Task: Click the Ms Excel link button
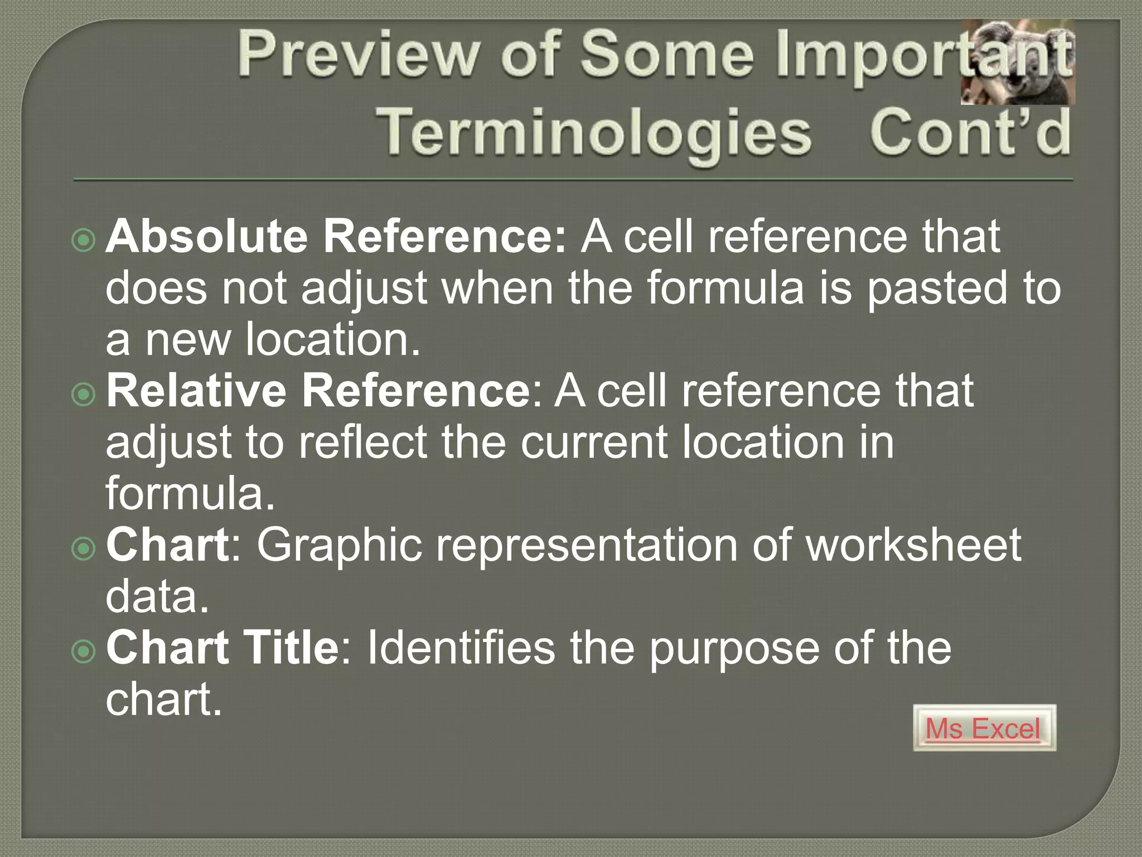984,728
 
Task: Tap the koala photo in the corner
1018,62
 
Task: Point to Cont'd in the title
970,132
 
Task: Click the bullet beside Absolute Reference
84,240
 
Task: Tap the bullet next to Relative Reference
84,394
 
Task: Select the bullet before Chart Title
84,651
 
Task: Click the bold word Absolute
206,236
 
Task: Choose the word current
593,442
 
